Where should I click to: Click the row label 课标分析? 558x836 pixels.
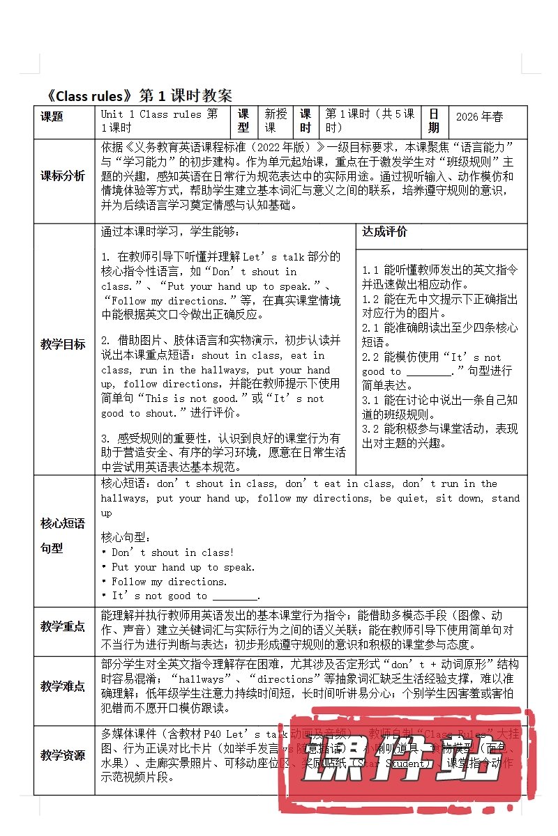tap(62, 176)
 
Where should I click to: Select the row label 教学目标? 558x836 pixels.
tap(62, 344)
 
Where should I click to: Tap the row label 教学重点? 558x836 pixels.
tap(62, 627)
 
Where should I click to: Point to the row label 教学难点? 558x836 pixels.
tap(62, 686)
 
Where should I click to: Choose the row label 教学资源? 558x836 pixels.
tap(62, 754)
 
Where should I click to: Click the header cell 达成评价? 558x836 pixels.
tap(384, 232)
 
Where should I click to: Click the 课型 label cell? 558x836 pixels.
tap(243, 121)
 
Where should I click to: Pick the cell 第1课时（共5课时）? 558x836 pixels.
tap(370, 121)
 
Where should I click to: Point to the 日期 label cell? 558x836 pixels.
tap(434, 121)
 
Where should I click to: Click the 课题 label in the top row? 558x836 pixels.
tap(52, 116)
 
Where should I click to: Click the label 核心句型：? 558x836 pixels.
tap(126, 537)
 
